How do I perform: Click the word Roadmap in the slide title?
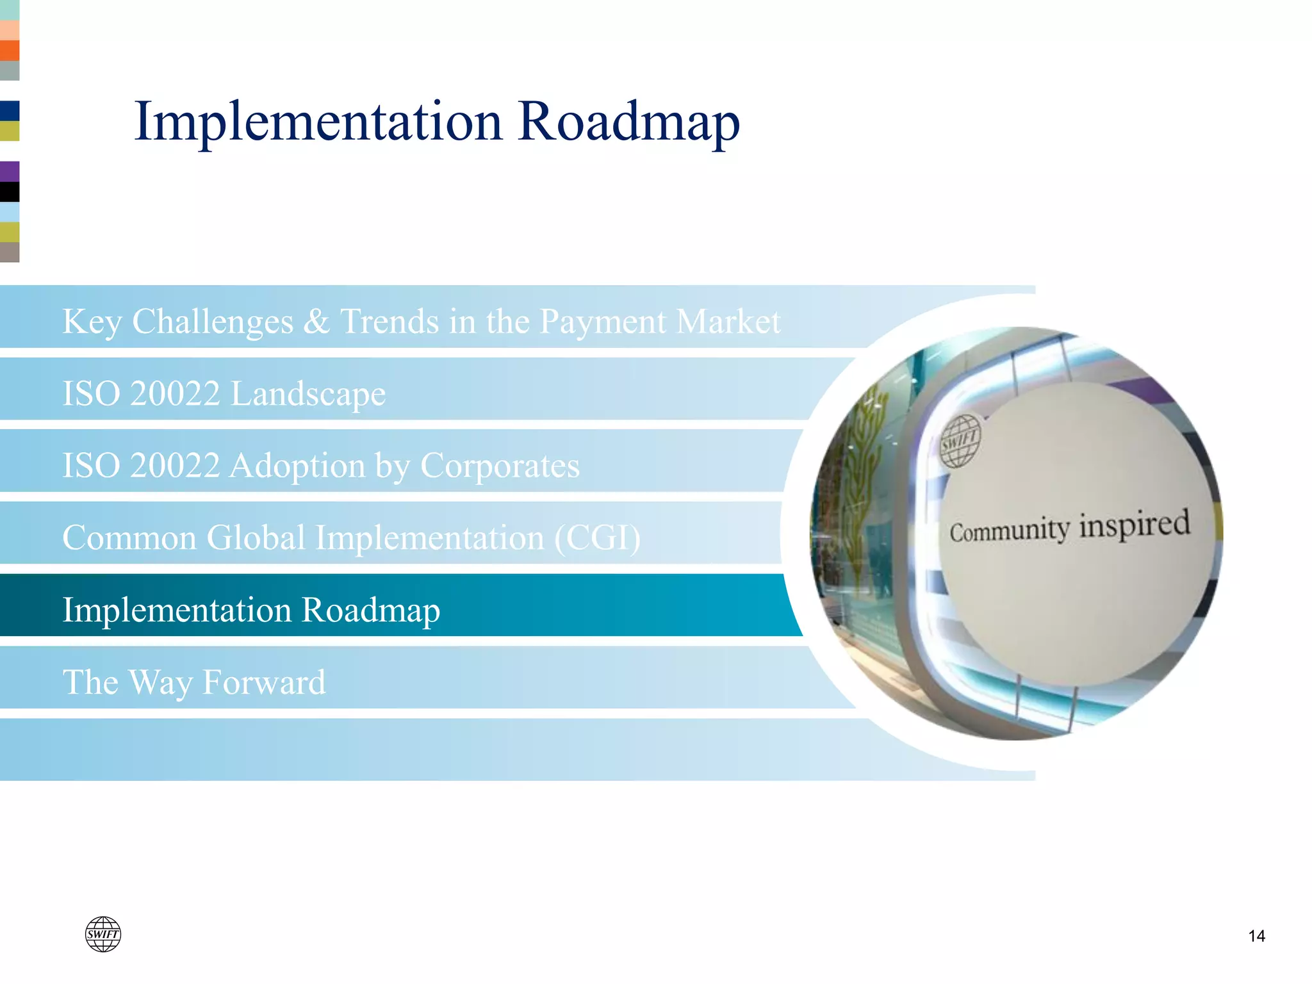click(628, 122)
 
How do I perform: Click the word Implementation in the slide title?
click(318, 122)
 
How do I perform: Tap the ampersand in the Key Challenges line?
click(316, 322)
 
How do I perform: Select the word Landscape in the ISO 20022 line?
click(308, 394)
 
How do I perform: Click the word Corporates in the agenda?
click(500, 466)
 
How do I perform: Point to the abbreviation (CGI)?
click(597, 538)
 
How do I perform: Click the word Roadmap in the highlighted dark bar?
click(371, 610)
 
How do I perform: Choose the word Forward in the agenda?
click(264, 682)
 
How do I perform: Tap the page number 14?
click(1256, 936)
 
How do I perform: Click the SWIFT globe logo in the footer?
click(103, 934)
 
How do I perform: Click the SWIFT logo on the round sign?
click(960, 441)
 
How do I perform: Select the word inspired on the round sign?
click(1135, 525)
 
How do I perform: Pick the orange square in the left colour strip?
click(10, 51)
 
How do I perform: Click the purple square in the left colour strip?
click(10, 171)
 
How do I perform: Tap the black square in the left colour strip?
click(10, 192)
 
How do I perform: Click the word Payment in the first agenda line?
click(602, 322)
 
